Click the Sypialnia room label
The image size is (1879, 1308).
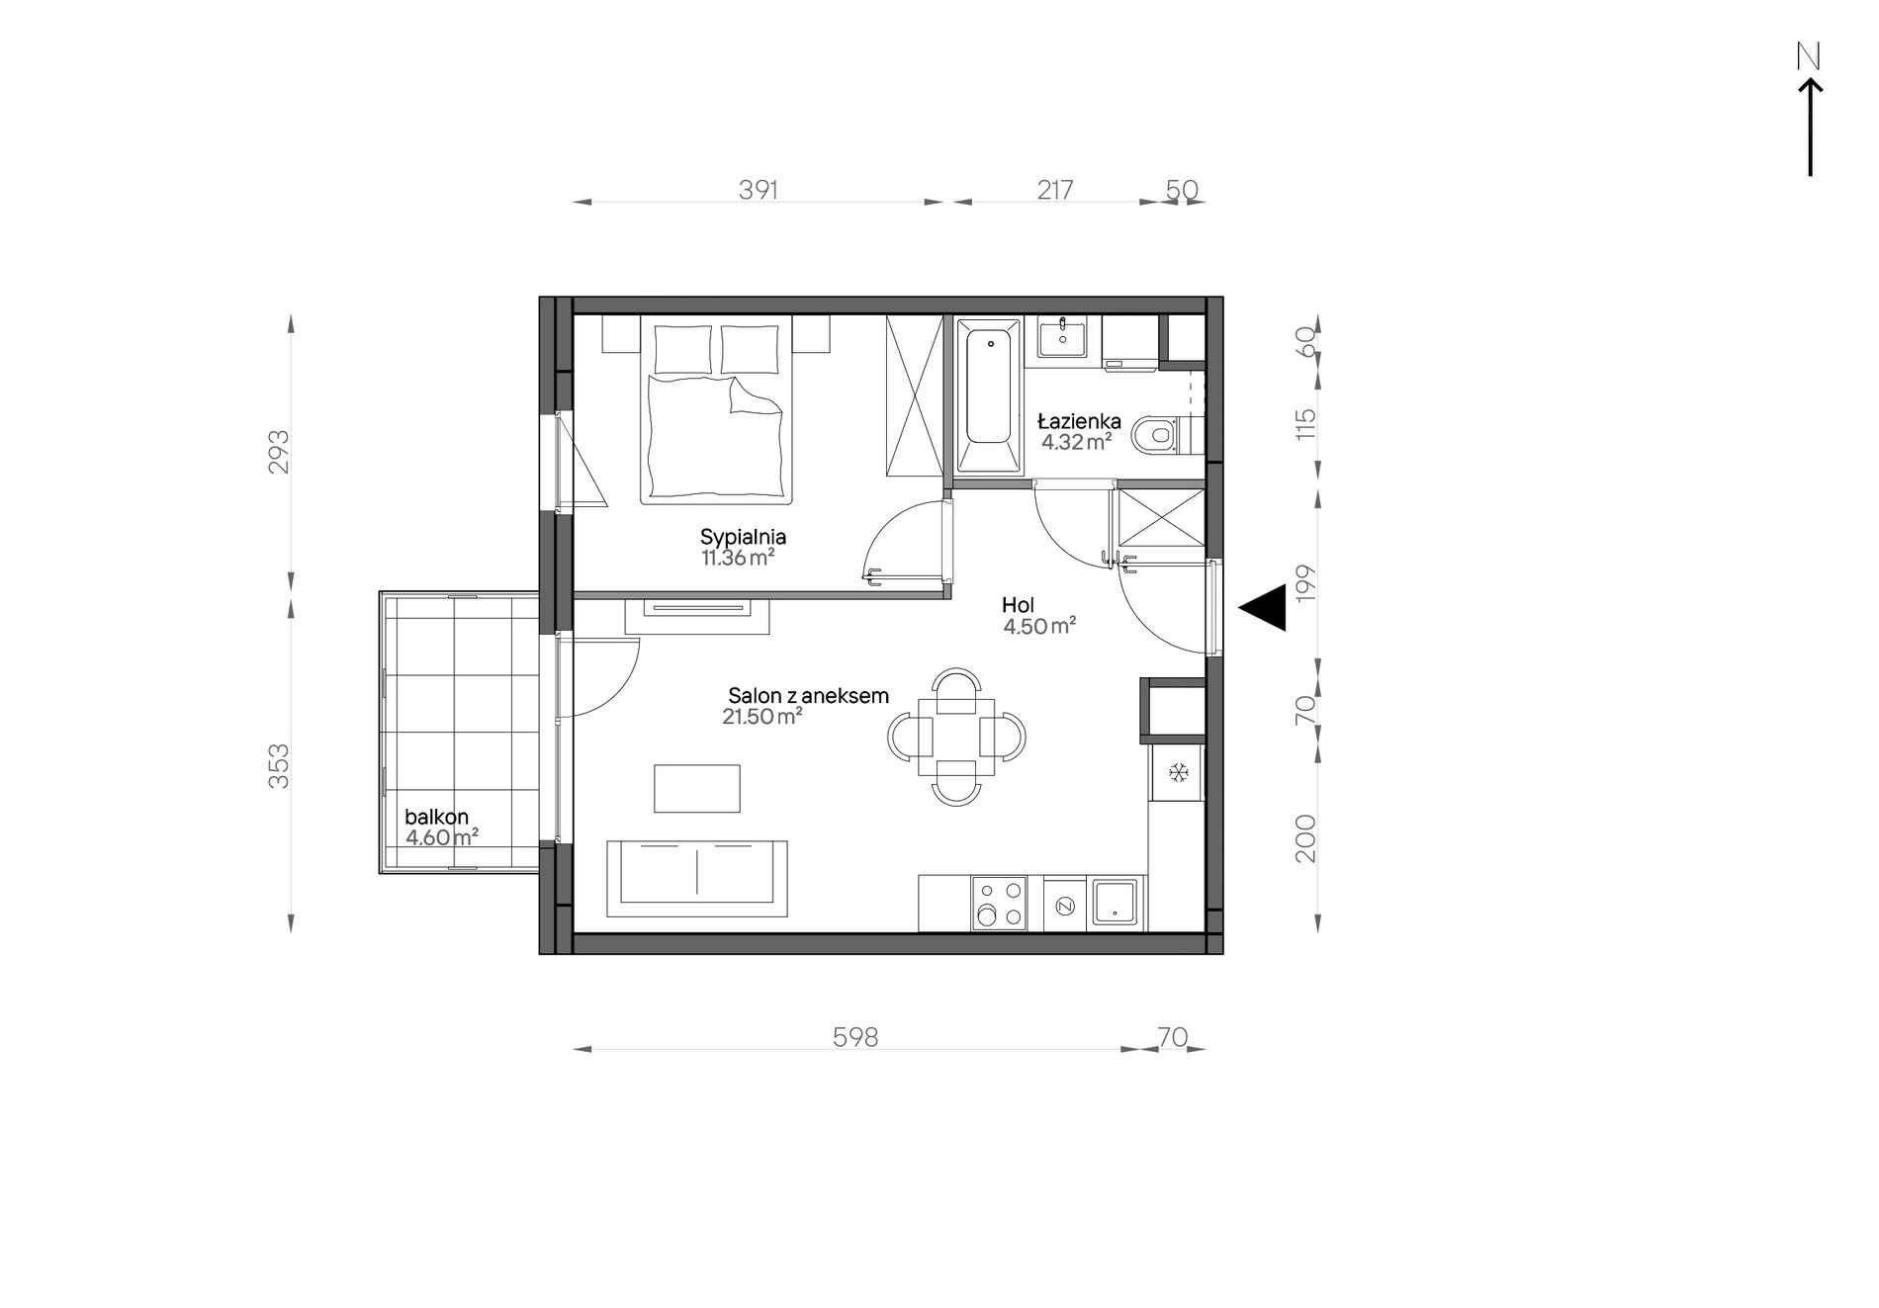743,538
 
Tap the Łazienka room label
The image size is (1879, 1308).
1079,422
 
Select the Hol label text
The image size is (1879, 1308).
1018,605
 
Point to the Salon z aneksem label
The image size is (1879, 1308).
808,696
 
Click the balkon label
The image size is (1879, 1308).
436,818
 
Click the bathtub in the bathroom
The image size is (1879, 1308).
988,394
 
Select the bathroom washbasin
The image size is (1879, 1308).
1061,336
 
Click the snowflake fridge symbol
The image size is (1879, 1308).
1178,772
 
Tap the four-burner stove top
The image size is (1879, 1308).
998,904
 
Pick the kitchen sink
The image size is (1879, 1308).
1118,904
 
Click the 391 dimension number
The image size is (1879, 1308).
759,190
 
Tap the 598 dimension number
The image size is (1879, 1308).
855,1037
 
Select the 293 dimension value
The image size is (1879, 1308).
280,451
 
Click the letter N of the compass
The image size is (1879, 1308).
1809,58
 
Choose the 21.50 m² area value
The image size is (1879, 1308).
761,717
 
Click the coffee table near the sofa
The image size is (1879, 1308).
697,788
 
